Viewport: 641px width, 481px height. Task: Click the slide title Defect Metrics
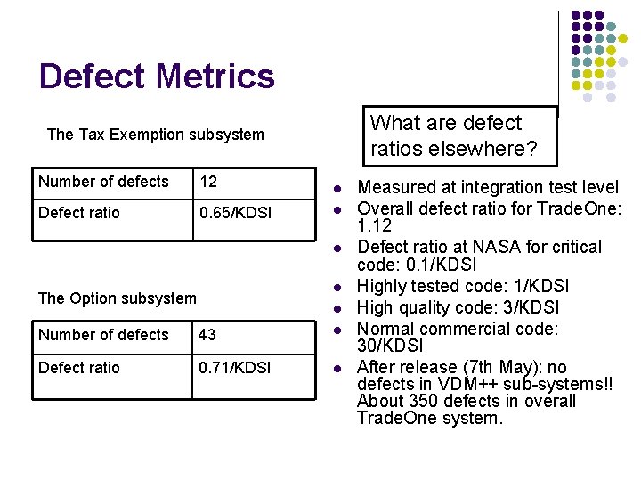pos(157,77)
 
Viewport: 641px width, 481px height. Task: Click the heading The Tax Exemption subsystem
pos(155,135)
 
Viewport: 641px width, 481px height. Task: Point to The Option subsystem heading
pos(117,298)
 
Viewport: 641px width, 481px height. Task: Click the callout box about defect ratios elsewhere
pos(458,136)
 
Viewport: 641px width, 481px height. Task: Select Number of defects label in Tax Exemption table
pos(103,182)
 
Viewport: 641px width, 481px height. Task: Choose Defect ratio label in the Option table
pos(78,368)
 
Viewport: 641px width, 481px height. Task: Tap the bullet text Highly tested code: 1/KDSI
pos(462,286)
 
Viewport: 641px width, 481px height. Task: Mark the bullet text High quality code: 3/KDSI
pos(458,307)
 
